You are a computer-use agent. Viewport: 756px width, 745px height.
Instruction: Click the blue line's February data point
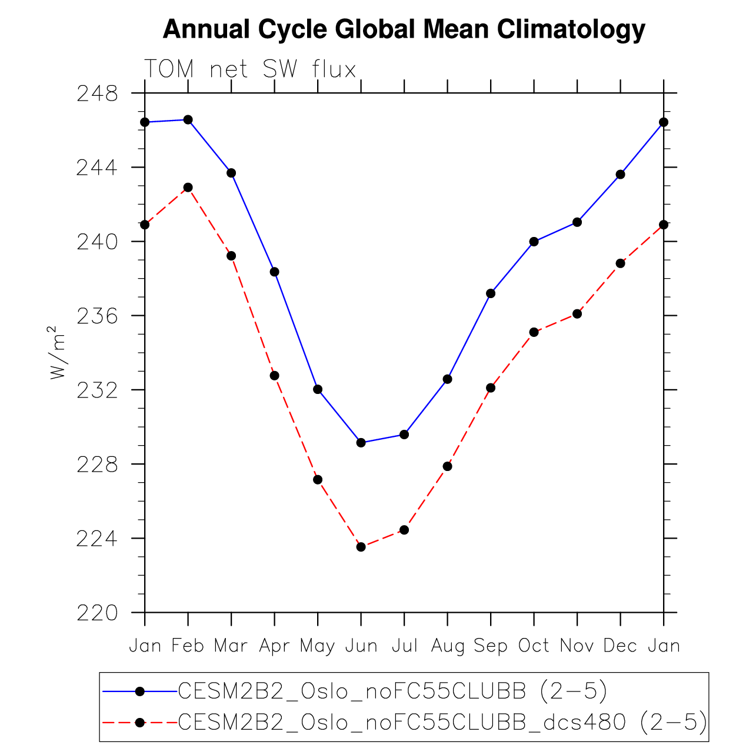pos(188,120)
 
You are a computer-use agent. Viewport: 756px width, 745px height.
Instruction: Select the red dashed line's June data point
pos(361,547)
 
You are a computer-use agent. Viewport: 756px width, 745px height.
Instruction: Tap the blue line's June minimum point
pos(361,443)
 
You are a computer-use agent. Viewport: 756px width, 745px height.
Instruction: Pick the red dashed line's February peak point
pos(188,188)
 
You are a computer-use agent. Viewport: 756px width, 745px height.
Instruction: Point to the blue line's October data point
pos(534,242)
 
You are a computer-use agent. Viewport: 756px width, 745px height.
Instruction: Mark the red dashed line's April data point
pos(275,376)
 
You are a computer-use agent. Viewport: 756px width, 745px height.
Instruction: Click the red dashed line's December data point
pos(621,263)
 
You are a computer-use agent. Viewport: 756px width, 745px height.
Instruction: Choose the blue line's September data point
pos(491,293)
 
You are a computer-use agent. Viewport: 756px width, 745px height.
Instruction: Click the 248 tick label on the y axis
pos(97,93)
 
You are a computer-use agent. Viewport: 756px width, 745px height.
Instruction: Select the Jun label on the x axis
pos(361,646)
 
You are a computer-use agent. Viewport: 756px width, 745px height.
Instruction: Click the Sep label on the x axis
pos(491,646)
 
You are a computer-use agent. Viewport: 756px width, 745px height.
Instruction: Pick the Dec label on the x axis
pos(621,646)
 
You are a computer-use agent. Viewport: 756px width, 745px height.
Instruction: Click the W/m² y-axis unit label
pos(58,353)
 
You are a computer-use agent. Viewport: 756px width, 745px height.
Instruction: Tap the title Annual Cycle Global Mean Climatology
pos(404,29)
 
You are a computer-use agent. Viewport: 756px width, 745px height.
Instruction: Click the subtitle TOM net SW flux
pos(251,69)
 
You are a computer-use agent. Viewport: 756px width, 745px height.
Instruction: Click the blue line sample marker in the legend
pos(140,692)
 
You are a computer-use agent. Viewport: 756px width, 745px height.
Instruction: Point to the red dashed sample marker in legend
pos(140,723)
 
